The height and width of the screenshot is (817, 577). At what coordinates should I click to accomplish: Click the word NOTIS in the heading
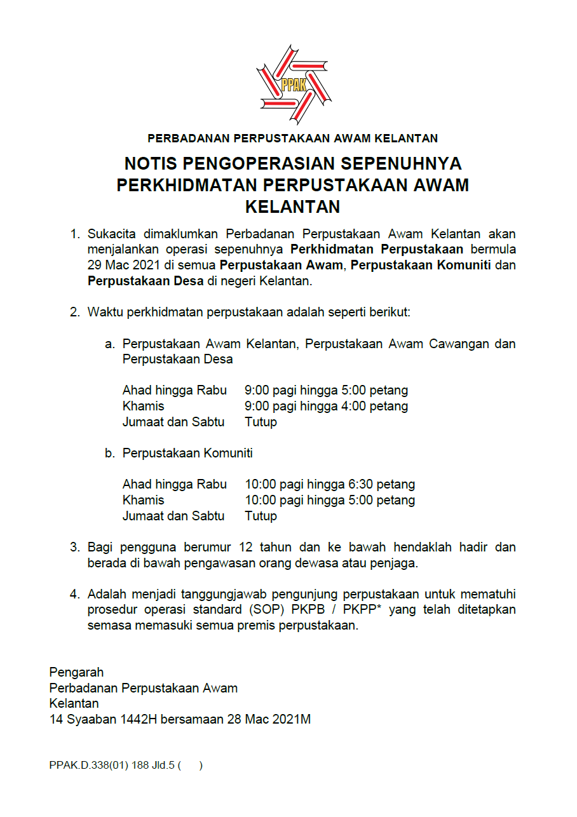[x=151, y=164]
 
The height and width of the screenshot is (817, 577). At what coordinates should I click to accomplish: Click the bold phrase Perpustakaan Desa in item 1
[x=146, y=280]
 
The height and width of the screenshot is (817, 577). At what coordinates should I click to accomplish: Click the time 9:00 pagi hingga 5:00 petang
[x=326, y=390]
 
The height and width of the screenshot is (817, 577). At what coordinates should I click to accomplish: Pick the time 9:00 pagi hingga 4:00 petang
[x=326, y=406]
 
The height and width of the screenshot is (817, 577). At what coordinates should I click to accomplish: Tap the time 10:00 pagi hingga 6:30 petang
[x=330, y=484]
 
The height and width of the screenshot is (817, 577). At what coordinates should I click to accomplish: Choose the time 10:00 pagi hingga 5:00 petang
[x=330, y=500]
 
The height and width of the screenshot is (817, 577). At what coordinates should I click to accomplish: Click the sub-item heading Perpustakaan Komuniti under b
[x=187, y=453]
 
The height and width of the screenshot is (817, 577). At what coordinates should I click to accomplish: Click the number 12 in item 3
[x=247, y=547]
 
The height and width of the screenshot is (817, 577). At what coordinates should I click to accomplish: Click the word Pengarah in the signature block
[x=76, y=672]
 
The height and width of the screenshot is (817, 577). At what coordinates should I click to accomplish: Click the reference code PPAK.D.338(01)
[x=88, y=766]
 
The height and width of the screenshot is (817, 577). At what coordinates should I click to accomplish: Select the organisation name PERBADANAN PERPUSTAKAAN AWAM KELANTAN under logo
[x=292, y=138]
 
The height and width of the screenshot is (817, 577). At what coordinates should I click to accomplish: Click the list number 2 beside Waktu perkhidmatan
[x=73, y=312]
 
